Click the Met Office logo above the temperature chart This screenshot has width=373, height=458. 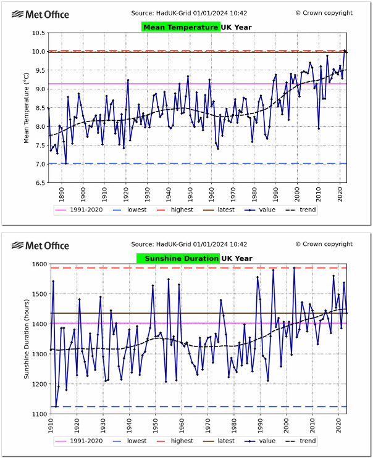(x=41, y=14)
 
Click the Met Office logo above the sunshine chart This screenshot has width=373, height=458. (x=41, y=245)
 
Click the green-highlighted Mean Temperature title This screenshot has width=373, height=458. (x=180, y=27)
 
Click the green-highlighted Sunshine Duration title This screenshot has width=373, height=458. (x=178, y=258)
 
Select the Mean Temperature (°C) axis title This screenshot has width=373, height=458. (x=27, y=108)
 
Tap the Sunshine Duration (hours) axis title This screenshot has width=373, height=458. (x=27, y=338)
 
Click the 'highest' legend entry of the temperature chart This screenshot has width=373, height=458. (x=182, y=210)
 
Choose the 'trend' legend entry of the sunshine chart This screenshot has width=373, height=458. (x=307, y=441)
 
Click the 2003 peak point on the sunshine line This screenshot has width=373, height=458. (x=294, y=268)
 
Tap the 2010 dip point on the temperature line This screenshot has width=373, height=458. (x=319, y=128)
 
